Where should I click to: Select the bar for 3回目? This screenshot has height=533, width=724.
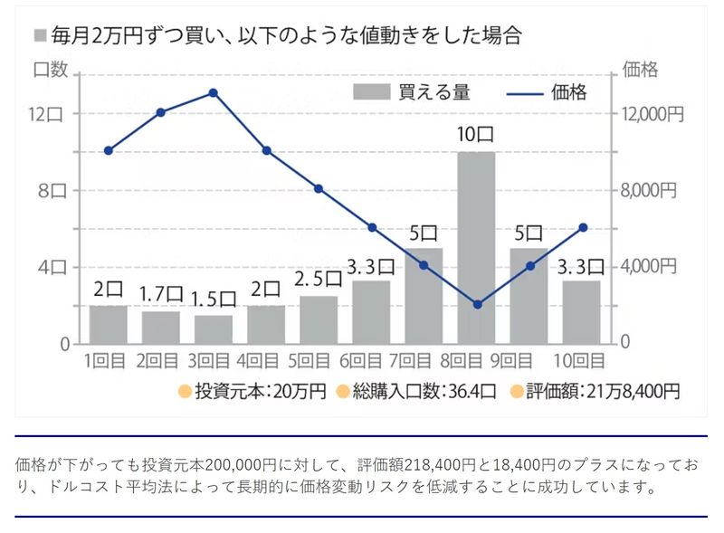click(214, 329)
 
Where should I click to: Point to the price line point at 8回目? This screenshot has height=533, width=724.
click(477, 304)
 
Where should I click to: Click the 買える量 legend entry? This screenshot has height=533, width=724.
click(411, 91)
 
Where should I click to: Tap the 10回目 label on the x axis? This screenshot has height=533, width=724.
click(581, 361)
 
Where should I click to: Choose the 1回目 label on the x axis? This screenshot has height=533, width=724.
click(108, 361)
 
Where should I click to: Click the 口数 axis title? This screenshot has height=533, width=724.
click(52, 69)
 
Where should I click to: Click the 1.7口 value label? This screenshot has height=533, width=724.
click(161, 294)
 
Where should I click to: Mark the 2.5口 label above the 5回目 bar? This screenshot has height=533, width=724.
click(319, 279)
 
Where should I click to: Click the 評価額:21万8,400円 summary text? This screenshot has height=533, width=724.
click(595, 392)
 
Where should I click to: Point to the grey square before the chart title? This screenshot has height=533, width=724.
click(39, 36)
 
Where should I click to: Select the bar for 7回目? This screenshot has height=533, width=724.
click(424, 296)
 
